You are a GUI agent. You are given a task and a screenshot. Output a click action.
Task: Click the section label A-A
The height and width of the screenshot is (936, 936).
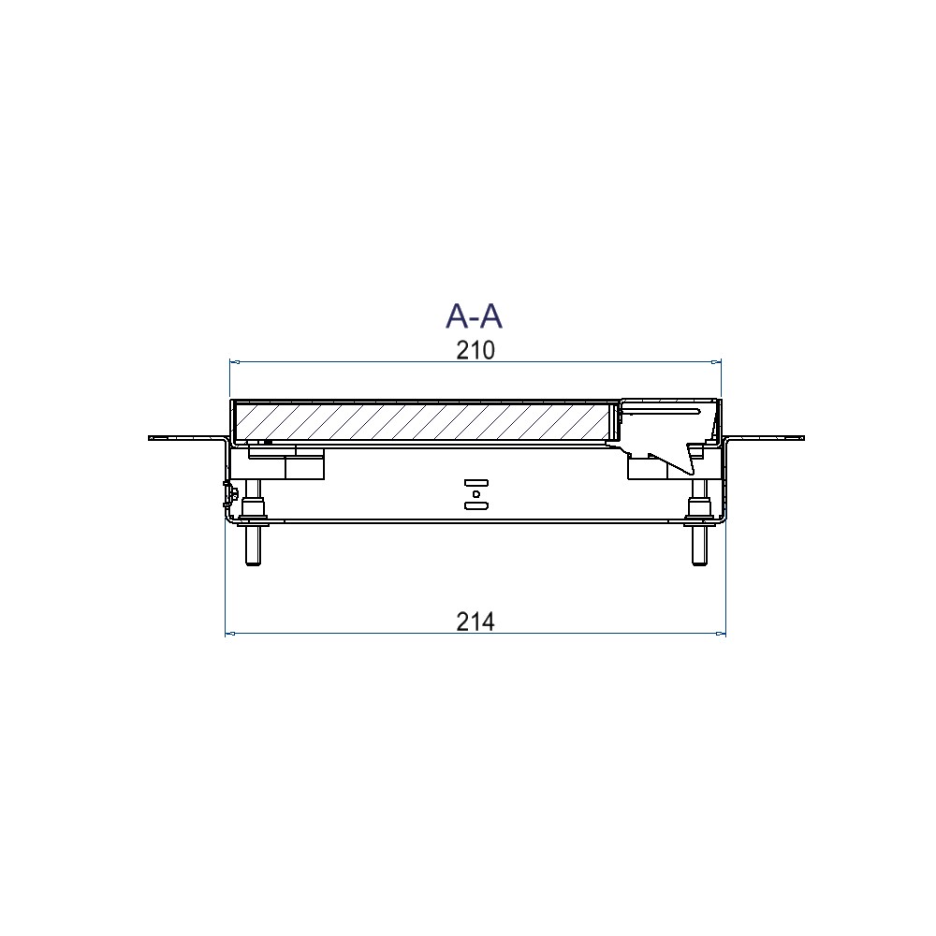coord(474,315)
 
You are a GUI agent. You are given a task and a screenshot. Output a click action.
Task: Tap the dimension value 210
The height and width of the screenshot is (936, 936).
coord(475,350)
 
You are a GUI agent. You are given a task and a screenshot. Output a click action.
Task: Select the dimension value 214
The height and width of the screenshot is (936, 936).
coord(475,622)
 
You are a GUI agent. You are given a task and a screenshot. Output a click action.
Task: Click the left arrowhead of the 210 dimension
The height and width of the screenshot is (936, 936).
coord(235,361)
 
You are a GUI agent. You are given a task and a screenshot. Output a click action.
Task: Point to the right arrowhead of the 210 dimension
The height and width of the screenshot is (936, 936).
coord(716,361)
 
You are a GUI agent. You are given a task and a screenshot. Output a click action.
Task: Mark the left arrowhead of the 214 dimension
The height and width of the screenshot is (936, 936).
coord(230,634)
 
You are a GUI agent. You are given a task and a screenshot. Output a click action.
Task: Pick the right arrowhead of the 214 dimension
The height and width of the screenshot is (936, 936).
coord(721,634)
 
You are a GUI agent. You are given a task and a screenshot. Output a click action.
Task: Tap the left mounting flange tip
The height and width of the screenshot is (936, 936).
coord(149,439)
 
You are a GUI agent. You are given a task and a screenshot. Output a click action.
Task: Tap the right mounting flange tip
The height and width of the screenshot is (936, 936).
coord(803,439)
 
